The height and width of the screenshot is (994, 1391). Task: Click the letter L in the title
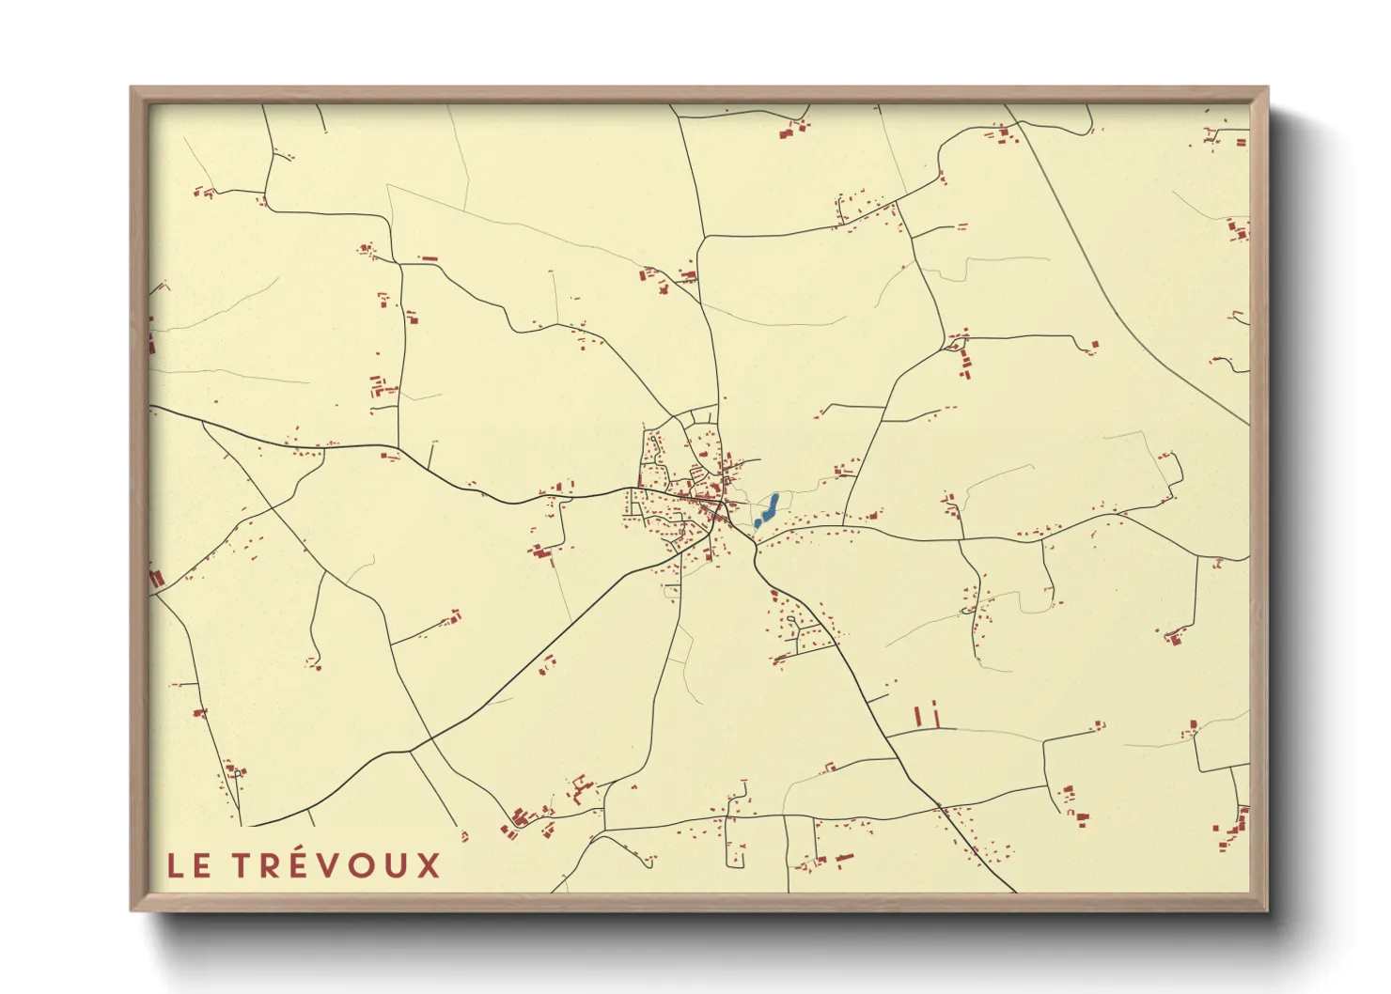click(175, 866)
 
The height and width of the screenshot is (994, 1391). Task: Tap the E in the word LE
click(201, 866)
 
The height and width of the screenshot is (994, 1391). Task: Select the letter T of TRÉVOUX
click(242, 866)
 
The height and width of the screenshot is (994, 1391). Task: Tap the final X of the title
click(429, 866)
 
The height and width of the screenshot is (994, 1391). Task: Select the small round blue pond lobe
click(758, 523)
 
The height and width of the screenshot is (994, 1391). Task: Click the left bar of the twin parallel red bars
click(917, 716)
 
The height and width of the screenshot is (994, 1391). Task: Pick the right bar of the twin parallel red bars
click(935, 714)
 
